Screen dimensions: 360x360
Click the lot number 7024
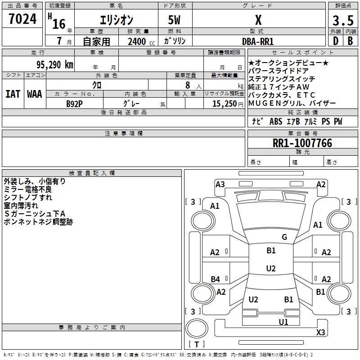pyautogui.click(x=22, y=19)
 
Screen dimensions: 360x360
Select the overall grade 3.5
pyautogui.click(x=343, y=20)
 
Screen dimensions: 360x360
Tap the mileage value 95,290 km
pyautogui.click(x=55, y=65)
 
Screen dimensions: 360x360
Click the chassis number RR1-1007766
pyautogui.click(x=302, y=143)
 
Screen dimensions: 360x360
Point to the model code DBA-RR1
pyautogui.click(x=258, y=41)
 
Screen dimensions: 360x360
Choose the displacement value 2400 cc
pyautogui.click(x=141, y=41)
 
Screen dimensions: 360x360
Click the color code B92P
pyautogui.click(x=74, y=104)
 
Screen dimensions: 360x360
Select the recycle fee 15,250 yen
pyautogui.click(x=228, y=104)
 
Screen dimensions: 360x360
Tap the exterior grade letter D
pyautogui.click(x=336, y=41)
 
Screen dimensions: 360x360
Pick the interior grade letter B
pyautogui.click(x=350, y=41)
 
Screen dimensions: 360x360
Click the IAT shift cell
pyautogui.click(x=13, y=94)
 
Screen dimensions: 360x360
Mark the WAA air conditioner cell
pyautogui.click(x=35, y=94)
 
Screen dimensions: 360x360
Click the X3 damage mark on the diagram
pyautogui.click(x=320, y=332)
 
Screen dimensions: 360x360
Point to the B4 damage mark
pyautogui.click(x=216, y=279)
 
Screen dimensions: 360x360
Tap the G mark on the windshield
pyautogui.click(x=284, y=237)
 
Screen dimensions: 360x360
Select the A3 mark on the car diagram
pyautogui.click(x=220, y=184)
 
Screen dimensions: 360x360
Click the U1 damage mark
pyautogui.click(x=283, y=322)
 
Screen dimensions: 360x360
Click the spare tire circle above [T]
pyautogui.click(x=197, y=328)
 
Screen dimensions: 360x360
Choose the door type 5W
pyautogui.click(x=174, y=20)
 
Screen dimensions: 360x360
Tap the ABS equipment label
pyautogui.click(x=276, y=121)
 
